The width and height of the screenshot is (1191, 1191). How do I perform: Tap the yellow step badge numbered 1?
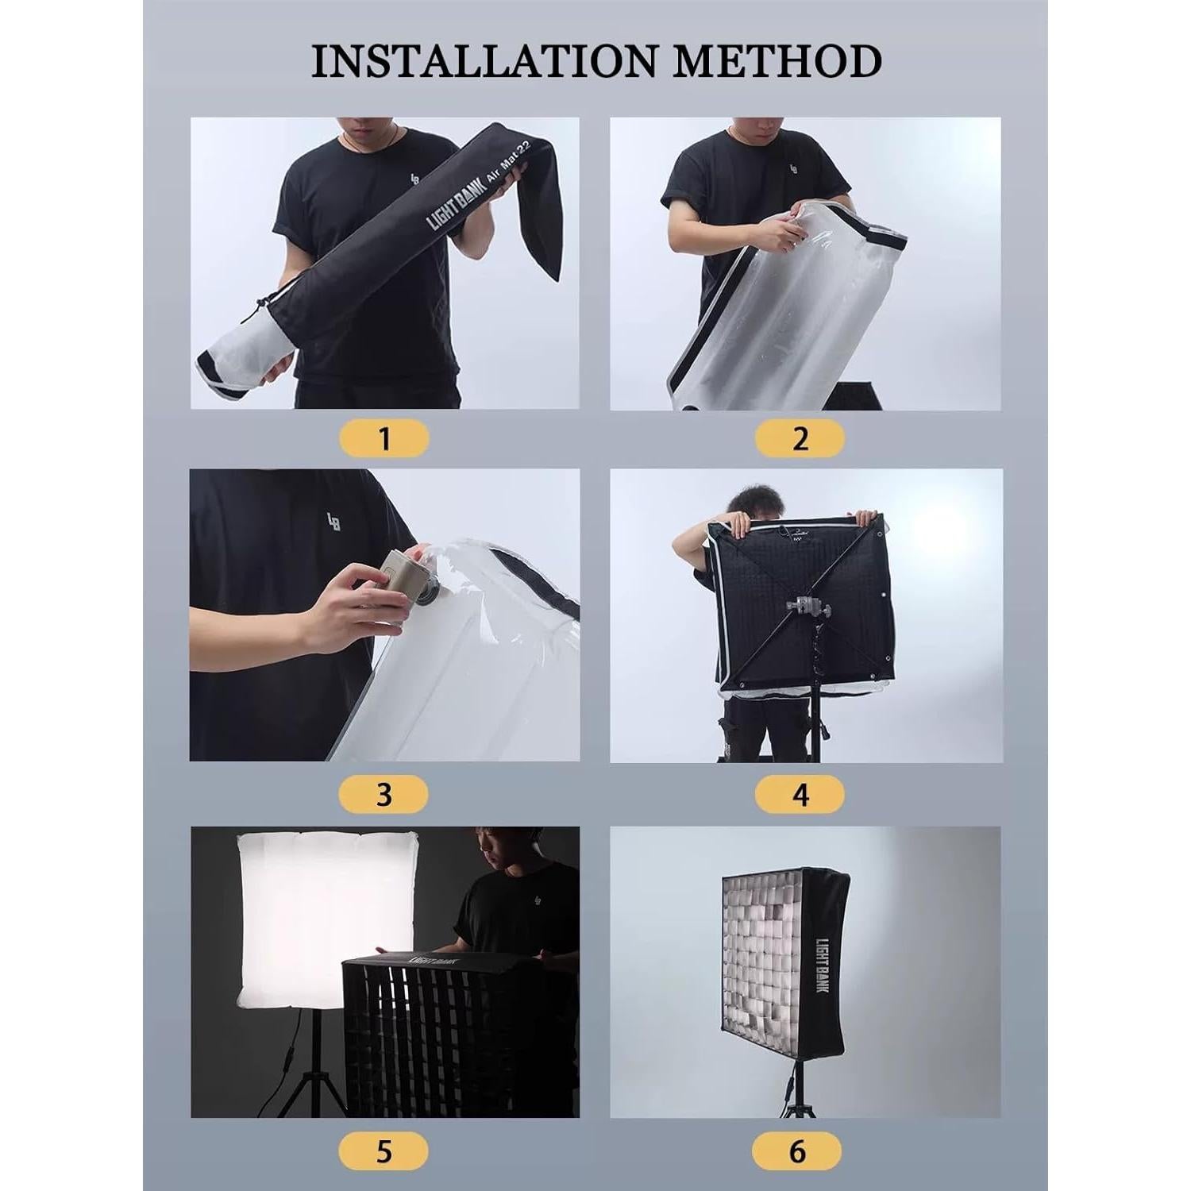pos(384,438)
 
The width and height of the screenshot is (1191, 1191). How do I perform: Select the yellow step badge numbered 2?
pos(800,438)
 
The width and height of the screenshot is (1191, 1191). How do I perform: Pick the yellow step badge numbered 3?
pos(384,794)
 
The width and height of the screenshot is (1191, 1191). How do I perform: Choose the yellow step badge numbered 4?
pos(800,794)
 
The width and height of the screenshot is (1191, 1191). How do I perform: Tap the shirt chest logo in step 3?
pos(333,522)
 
